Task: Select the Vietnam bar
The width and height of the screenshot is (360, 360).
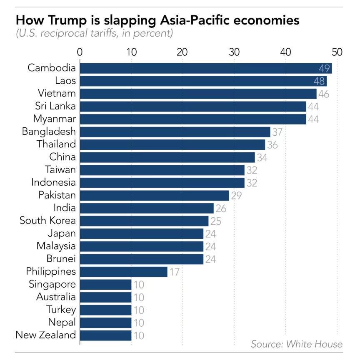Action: tap(198, 94)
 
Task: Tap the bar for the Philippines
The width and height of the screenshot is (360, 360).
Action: tap(123, 272)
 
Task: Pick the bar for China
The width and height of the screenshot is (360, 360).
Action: tap(167, 157)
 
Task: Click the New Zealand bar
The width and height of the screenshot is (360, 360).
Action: tap(105, 335)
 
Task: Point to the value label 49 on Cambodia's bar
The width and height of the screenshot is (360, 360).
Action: tap(324, 69)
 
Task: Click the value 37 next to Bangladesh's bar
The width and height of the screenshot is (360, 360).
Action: tap(277, 132)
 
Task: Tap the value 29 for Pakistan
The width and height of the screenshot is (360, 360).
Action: tap(236, 196)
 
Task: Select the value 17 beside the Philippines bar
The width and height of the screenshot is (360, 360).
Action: tap(174, 272)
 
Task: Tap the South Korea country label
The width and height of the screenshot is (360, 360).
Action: tap(48, 221)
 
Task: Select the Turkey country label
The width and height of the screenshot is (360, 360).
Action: tap(61, 310)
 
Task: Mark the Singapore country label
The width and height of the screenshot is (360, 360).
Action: tap(52, 284)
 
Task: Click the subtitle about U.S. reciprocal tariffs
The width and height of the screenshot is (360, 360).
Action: tap(94, 33)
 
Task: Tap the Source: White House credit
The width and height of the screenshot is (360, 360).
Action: tap(296, 344)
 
